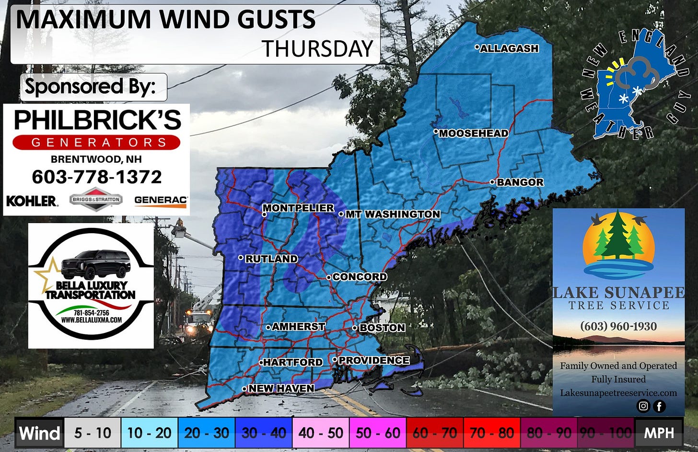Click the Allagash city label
(x=509, y=48)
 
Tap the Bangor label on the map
(x=520, y=182)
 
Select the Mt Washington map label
(x=392, y=214)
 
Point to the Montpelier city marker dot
(x=264, y=214)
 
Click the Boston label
(x=382, y=328)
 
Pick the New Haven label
(x=281, y=388)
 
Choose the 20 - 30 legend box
(x=207, y=433)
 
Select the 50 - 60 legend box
(x=378, y=433)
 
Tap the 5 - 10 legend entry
(x=93, y=433)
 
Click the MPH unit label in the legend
(x=659, y=433)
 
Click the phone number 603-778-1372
(x=97, y=177)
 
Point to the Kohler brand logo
(x=32, y=201)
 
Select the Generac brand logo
(x=161, y=201)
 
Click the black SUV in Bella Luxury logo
(x=96, y=264)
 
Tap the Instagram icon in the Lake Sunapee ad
(x=643, y=406)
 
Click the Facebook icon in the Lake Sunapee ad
(x=660, y=406)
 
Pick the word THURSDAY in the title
(x=317, y=48)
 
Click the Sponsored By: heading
(x=91, y=87)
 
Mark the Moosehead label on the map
(x=473, y=133)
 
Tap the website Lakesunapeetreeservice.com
(x=618, y=393)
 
